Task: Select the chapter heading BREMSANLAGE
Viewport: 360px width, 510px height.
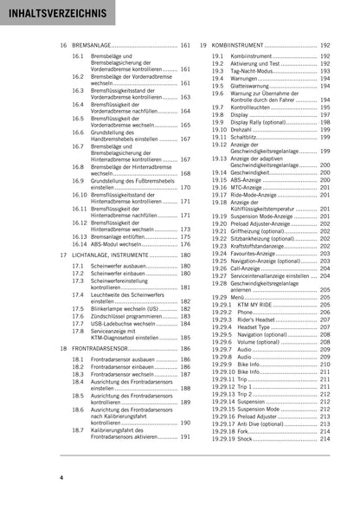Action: [x=100, y=44]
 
